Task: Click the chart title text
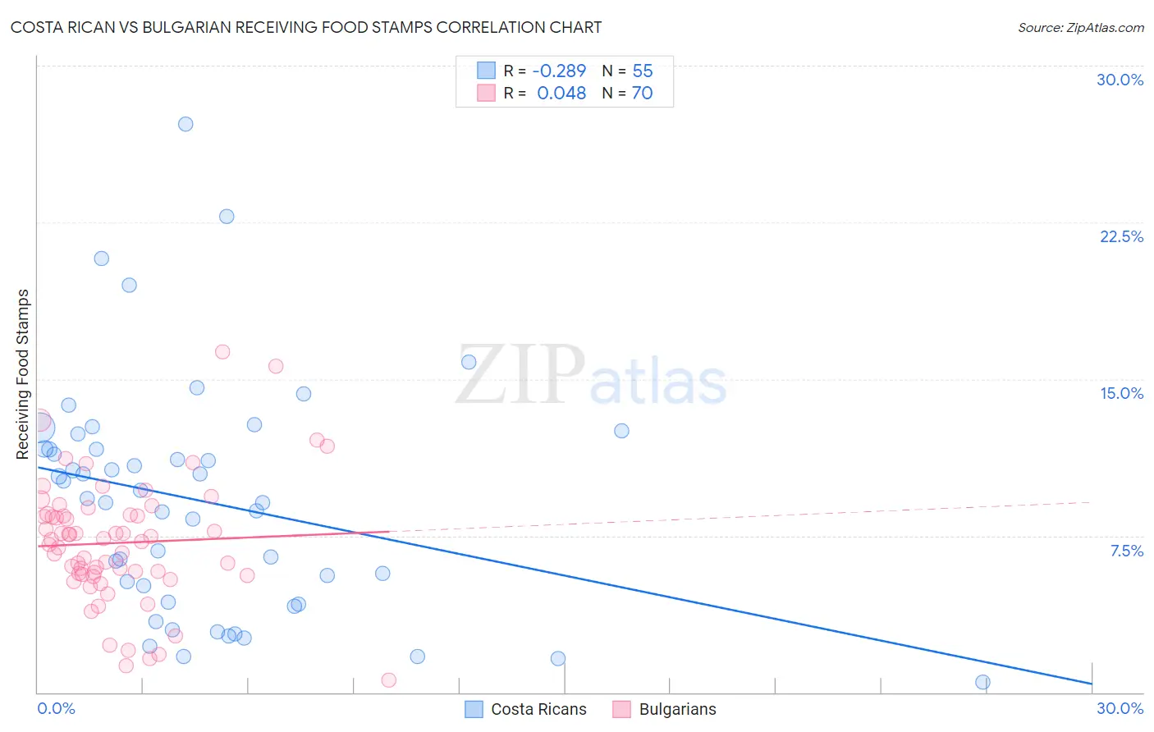tap(305, 27)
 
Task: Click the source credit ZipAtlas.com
tap(1080, 27)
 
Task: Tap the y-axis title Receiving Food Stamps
tap(23, 374)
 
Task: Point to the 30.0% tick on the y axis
tap(1120, 80)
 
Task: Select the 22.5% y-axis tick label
tap(1121, 236)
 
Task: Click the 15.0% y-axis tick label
tap(1121, 393)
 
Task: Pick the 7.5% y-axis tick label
tap(1126, 551)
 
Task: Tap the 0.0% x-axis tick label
tap(56, 708)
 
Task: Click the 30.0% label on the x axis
tap(1120, 708)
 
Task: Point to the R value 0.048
tap(561, 93)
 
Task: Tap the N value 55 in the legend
tap(643, 71)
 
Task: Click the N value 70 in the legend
tap(642, 93)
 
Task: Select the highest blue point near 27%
tap(185, 124)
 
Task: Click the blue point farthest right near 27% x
tap(982, 682)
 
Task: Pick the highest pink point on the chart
tap(222, 352)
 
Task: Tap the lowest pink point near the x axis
tap(389, 679)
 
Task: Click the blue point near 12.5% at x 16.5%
tap(621, 431)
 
